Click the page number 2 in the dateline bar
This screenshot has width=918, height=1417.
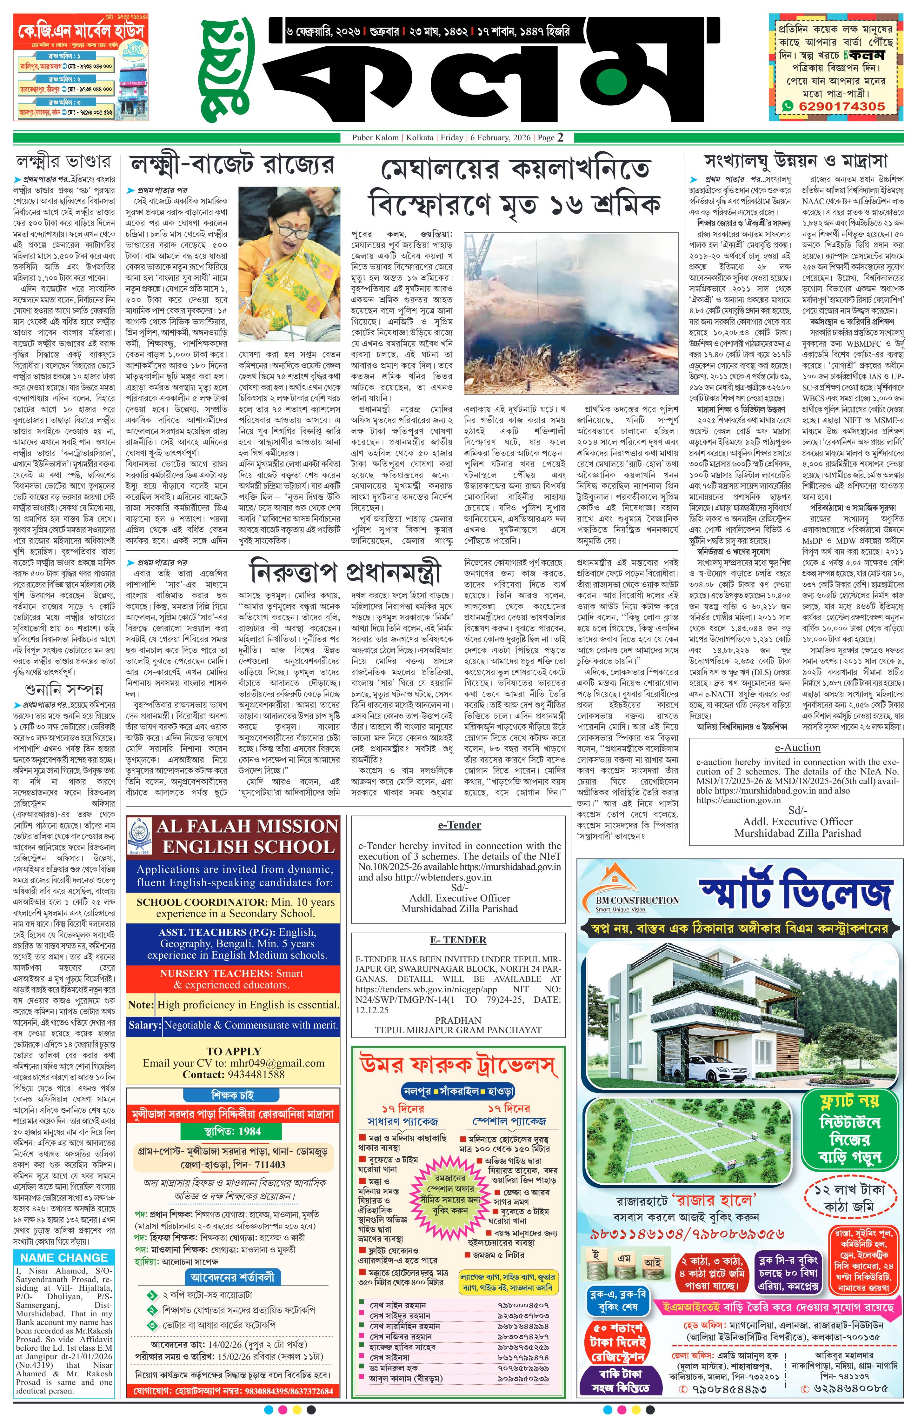point(560,137)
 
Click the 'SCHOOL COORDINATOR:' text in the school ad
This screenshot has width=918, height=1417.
point(198,902)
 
